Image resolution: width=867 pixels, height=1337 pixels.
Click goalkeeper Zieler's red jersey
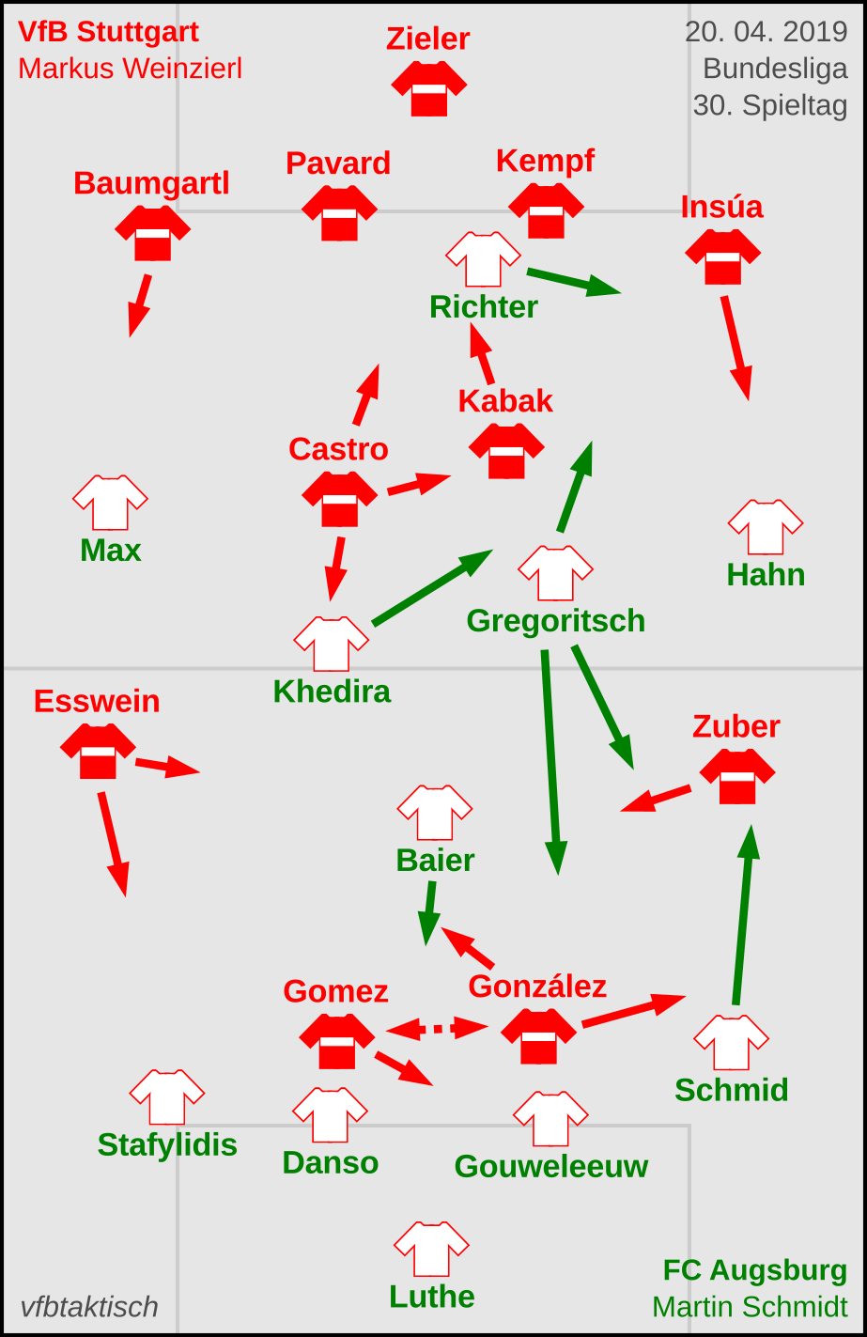coord(429,88)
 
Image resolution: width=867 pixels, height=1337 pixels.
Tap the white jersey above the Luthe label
coord(431,1249)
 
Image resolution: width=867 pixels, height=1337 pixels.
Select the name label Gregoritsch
coord(555,621)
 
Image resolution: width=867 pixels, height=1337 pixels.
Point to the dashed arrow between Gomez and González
coord(437,1029)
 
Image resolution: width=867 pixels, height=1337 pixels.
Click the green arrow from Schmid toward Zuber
coord(742,916)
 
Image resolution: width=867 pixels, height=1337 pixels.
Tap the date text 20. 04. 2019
coord(766,32)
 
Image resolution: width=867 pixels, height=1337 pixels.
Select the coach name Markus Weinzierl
coord(131,69)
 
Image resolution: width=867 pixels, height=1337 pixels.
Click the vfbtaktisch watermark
coord(89,1307)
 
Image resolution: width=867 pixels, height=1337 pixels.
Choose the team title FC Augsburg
coord(754,1270)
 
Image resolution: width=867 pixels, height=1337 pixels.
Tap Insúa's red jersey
coord(722,256)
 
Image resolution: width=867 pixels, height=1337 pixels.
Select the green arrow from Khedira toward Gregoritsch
coord(432,587)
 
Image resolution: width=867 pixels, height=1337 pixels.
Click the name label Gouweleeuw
coord(551,1166)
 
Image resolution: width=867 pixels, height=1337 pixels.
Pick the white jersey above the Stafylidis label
coord(166,1096)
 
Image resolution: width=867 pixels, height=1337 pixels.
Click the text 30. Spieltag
coord(770,105)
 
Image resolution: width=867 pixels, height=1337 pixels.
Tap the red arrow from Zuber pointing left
coord(656,799)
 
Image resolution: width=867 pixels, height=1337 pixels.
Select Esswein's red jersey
coord(98,751)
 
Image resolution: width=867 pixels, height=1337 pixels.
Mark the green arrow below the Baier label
coord(429,912)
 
